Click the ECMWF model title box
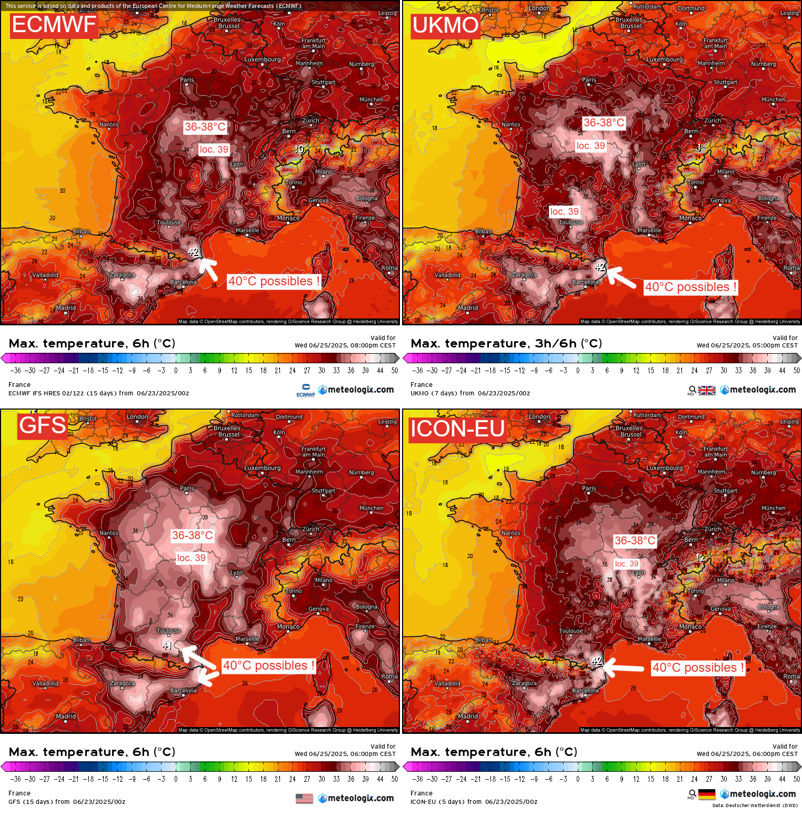tap(54, 25)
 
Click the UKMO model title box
tap(445, 25)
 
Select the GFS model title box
tap(43, 425)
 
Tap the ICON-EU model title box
tap(457, 429)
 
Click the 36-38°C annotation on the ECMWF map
tap(205, 127)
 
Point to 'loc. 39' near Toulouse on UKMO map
tap(564, 212)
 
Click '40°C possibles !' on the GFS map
tap(268, 665)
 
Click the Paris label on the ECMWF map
tap(187, 80)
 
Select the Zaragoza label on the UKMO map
tap(524, 275)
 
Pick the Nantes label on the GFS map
tap(109, 533)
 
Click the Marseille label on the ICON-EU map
tap(649, 639)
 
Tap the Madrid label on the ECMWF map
tap(66, 308)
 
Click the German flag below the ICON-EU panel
tap(707, 794)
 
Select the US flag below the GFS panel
tap(304, 799)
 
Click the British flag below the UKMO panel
tap(707, 390)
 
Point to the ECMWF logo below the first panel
tap(306, 390)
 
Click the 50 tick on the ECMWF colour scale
tap(395, 371)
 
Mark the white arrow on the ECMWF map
tap(208, 268)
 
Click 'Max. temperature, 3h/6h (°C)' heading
tap(506, 344)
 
